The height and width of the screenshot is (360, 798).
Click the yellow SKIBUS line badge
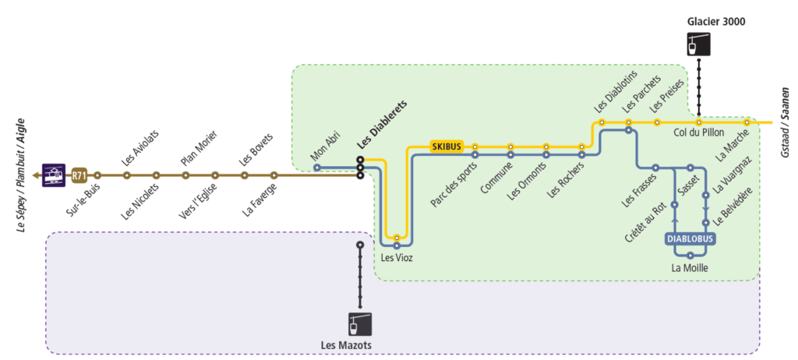[447, 146]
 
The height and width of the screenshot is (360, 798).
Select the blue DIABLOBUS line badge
[690, 239]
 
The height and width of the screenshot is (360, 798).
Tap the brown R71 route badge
[79, 175]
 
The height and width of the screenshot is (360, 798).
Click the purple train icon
[55, 175]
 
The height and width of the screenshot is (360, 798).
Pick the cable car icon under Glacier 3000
[699, 44]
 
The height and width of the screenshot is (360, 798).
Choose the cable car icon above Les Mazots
[360, 323]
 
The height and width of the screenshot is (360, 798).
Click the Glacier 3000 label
[716, 22]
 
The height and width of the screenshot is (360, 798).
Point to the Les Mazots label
[346, 345]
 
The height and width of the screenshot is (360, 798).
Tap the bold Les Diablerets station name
[382, 125]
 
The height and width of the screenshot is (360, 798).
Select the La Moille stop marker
[690, 255]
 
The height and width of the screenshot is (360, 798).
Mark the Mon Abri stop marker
[316, 167]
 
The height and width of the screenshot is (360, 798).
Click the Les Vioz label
[397, 258]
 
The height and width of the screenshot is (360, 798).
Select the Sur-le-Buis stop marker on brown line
[97, 175]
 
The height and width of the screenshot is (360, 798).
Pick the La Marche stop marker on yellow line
[747, 122]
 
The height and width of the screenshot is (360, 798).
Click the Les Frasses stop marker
[656, 168]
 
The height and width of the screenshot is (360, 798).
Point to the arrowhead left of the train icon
[37, 175]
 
